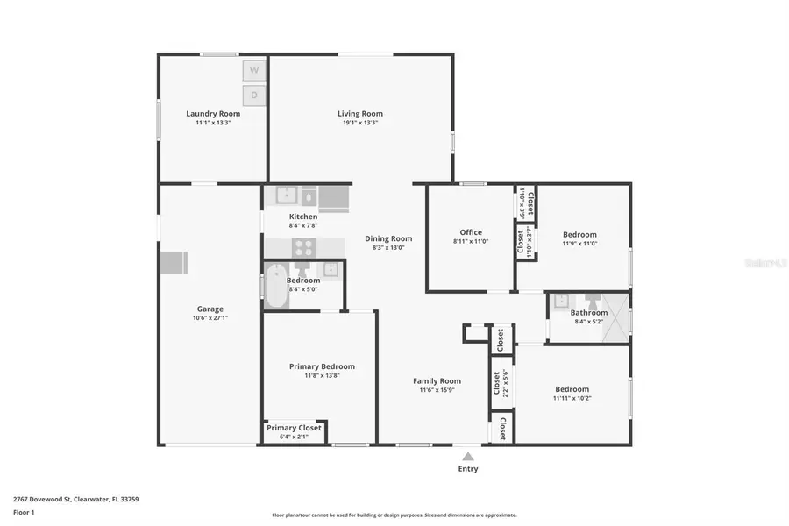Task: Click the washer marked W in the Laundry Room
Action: (x=253, y=69)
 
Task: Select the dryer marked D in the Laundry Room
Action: (x=253, y=94)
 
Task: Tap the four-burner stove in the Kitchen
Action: (x=303, y=247)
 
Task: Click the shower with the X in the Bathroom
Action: (x=617, y=316)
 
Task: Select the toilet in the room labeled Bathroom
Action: (x=592, y=301)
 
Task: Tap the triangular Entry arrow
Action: (x=468, y=456)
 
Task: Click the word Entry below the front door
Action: (x=468, y=469)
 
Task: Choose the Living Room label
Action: (x=360, y=113)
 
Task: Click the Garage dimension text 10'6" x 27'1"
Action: (x=210, y=318)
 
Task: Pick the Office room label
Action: (x=471, y=232)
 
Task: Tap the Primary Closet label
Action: (x=294, y=428)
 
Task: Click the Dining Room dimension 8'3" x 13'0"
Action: (x=388, y=248)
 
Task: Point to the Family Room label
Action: (x=437, y=380)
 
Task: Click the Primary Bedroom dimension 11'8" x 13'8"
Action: (x=322, y=375)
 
